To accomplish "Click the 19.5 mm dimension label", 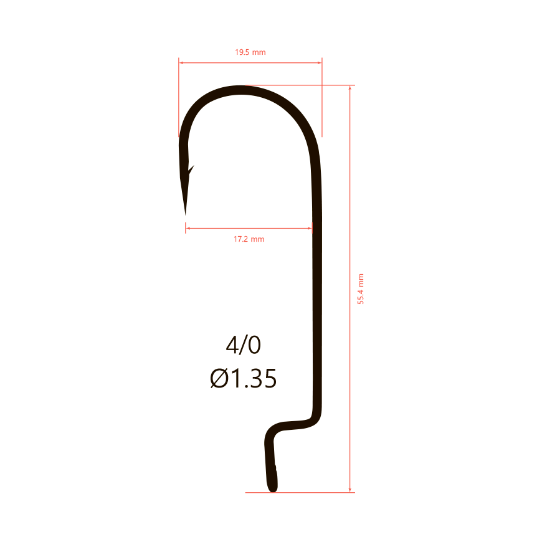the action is click(x=250, y=52).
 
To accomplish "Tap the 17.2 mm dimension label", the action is click(x=249, y=239).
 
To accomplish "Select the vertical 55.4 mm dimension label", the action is click(x=361, y=289).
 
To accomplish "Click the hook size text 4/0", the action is click(x=244, y=345).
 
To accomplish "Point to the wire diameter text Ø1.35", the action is click(x=244, y=378).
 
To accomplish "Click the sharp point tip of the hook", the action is click(x=185, y=215).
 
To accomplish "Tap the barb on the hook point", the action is click(x=191, y=169).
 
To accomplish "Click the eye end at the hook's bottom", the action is click(x=273, y=488).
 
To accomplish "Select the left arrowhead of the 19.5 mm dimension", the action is click(x=181, y=63).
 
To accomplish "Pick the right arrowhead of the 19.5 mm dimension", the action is click(x=320, y=63).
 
